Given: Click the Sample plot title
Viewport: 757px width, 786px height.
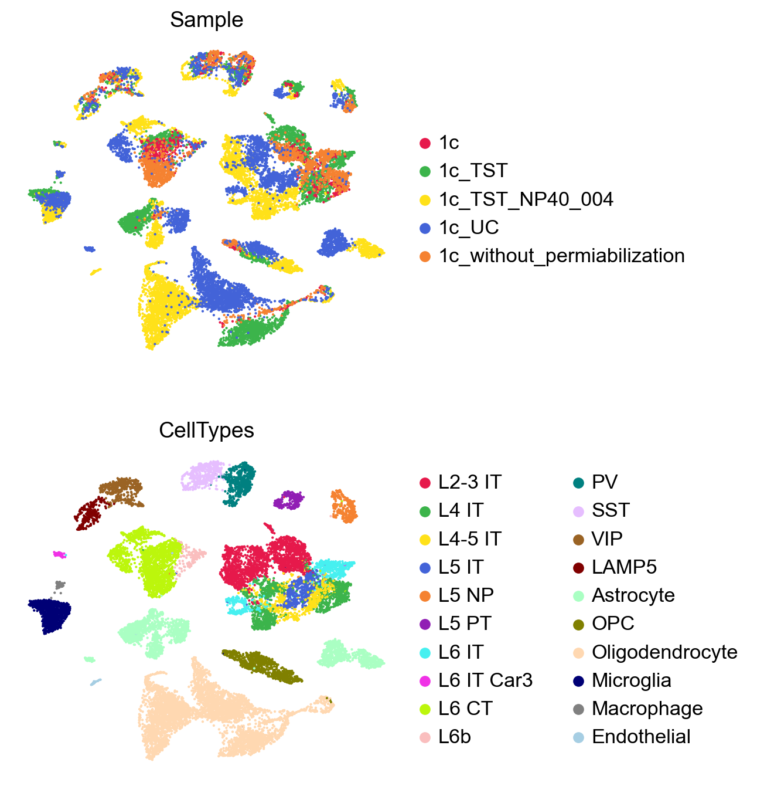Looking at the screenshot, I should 206,20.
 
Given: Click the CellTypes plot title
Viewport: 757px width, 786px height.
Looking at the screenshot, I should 206,431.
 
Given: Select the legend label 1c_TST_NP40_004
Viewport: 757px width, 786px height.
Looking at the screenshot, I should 526,199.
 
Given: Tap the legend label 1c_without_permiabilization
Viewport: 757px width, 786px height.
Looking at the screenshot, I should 562,256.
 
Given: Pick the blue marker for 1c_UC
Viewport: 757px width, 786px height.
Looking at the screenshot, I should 425,228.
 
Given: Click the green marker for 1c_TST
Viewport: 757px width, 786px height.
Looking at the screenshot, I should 425,171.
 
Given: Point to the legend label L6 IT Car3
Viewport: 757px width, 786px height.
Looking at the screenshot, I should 485,680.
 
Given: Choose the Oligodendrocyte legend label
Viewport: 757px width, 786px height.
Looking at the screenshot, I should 664,652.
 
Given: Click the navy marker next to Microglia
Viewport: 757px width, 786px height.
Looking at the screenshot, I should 578,680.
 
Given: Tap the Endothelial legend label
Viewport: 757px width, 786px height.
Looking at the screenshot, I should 641,737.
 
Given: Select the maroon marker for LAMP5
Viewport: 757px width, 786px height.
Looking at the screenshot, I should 578,567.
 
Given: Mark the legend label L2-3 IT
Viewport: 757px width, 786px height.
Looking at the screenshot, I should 470,482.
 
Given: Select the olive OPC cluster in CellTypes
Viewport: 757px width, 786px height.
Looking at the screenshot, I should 262,665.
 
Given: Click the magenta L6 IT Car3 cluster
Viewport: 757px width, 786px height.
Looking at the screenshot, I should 59,554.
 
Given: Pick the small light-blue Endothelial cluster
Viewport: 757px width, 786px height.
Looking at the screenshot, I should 96,682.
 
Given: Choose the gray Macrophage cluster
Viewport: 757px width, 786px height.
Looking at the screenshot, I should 59,585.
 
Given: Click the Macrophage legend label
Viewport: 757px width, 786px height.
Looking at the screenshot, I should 647,709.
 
